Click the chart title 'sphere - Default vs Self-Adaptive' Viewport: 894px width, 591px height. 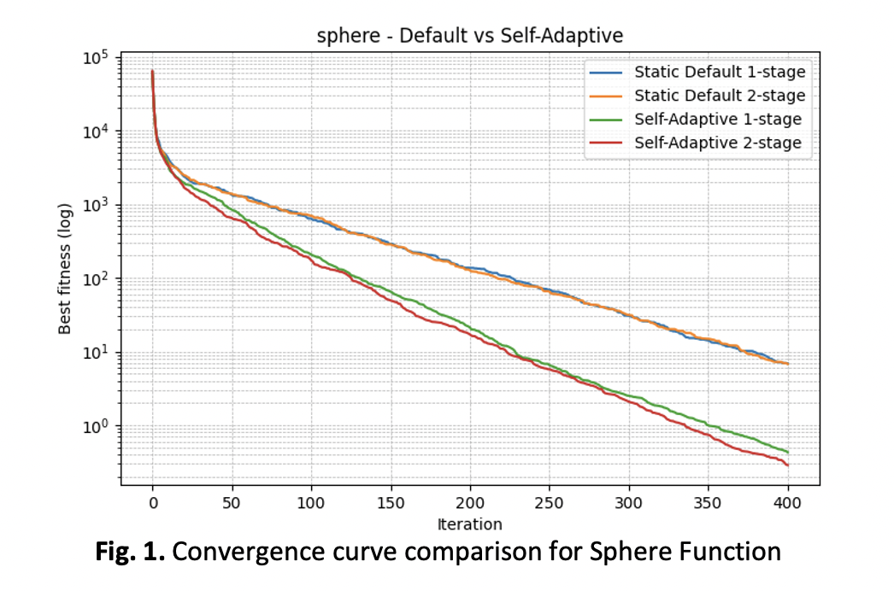tap(470, 36)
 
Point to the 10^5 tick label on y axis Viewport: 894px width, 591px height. tap(95, 58)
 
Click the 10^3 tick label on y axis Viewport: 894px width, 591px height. tap(95, 205)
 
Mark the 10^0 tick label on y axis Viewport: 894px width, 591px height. tap(95, 426)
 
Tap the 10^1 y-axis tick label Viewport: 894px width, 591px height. tap(95, 353)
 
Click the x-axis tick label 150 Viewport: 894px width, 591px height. tap(391, 503)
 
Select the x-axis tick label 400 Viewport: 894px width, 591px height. tap(788, 503)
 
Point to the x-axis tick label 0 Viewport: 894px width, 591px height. tap(153, 503)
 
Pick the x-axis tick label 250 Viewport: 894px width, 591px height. tap(550, 503)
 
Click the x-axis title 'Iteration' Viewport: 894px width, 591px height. tap(470, 524)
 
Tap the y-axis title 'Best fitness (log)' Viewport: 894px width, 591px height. tap(65, 268)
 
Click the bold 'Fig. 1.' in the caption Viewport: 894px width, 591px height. tap(129, 552)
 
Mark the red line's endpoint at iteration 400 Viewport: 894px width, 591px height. tap(788, 465)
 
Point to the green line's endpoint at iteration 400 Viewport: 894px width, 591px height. tap(788, 452)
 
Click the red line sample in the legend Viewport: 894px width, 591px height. tap(605, 143)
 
